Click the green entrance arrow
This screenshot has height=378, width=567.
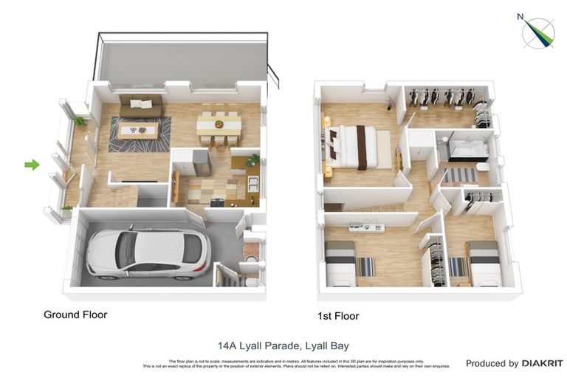[x=32, y=165]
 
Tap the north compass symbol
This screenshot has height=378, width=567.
[x=538, y=31]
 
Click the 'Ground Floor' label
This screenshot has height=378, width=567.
[x=75, y=315]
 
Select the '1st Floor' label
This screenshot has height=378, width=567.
[x=338, y=316]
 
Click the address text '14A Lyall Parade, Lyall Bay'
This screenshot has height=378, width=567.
[x=283, y=345]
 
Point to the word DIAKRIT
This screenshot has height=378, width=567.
[x=543, y=363]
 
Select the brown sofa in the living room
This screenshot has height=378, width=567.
[x=141, y=106]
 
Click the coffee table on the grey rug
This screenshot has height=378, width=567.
[x=138, y=131]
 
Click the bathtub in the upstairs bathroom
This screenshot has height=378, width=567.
[x=464, y=150]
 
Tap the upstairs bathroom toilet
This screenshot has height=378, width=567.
[x=482, y=169]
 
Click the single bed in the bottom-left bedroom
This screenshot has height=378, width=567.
[x=342, y=264]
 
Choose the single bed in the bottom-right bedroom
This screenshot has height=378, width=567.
[x=485, y=264]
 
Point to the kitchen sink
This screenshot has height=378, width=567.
[x=252, y=185]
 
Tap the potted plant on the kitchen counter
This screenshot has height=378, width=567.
[x=252, y=159]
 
